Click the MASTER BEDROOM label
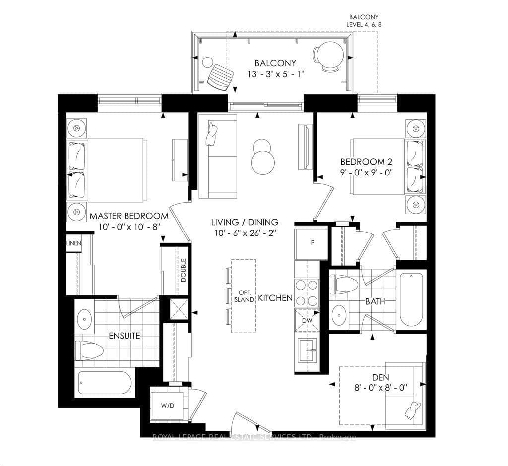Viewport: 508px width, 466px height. click(129, 216)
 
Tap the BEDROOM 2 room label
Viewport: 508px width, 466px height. click(367, 162)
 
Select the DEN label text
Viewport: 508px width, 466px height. click(381, 377)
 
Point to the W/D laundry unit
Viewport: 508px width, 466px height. click(168, 405)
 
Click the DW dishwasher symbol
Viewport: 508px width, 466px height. click(307, 320)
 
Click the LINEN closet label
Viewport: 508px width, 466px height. click(73, 243)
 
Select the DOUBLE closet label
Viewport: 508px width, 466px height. click(184, 270)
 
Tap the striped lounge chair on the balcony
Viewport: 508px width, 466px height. click(221, 76)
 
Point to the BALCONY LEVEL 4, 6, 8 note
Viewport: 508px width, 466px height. click(364, 21)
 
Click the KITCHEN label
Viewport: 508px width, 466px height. click(275, 298)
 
